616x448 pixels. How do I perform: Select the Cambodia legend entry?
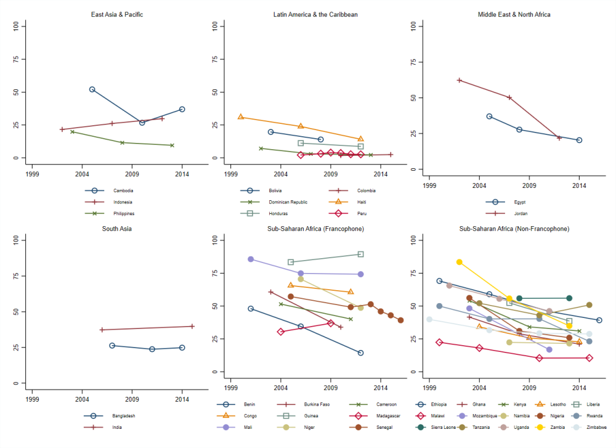tap(123, 191)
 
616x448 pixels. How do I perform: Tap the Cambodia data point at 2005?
tap(92, 89)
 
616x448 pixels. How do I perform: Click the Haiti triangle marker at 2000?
tap(241, 116)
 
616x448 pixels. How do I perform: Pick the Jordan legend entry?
tap(519, 213)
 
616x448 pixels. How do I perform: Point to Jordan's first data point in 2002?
tap(459, 80)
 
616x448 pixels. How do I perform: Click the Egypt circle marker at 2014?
tap(579, 140)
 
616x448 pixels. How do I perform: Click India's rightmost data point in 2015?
tap(192, 326)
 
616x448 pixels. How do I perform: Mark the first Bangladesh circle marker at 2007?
tap(112, 346)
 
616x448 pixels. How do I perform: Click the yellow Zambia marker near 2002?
tap(459, 262)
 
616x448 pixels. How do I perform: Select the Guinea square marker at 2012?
tap(361, 254)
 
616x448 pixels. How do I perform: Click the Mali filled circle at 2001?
tap(251, 259)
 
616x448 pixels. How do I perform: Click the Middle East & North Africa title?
tap(514, 14)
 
